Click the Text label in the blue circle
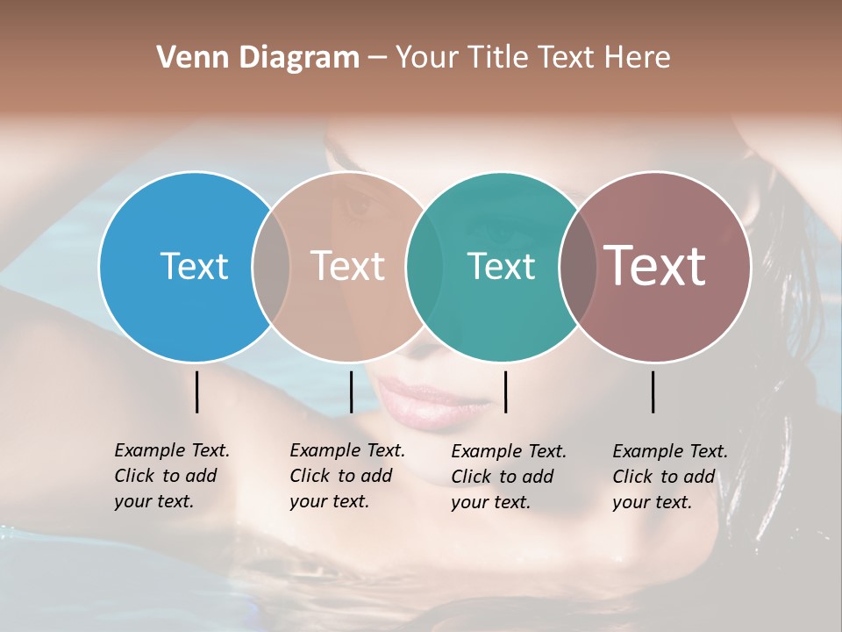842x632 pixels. [194, 266]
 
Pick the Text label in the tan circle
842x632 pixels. [348, 266]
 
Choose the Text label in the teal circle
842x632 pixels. [501, 266]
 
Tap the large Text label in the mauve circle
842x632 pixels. [655, 265]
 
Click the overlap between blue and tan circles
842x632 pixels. [271, 267]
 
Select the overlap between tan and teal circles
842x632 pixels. [425, 267]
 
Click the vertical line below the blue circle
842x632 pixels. [196, 391]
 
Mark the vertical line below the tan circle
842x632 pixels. [351, 391]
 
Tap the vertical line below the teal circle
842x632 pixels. [505, 391]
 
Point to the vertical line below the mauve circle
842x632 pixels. [653, 391]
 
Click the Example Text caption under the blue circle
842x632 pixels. [171, 476]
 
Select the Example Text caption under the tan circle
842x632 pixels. [346, 476]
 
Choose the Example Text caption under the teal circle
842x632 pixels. [508, 477]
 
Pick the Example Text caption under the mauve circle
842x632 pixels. [669, 477]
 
